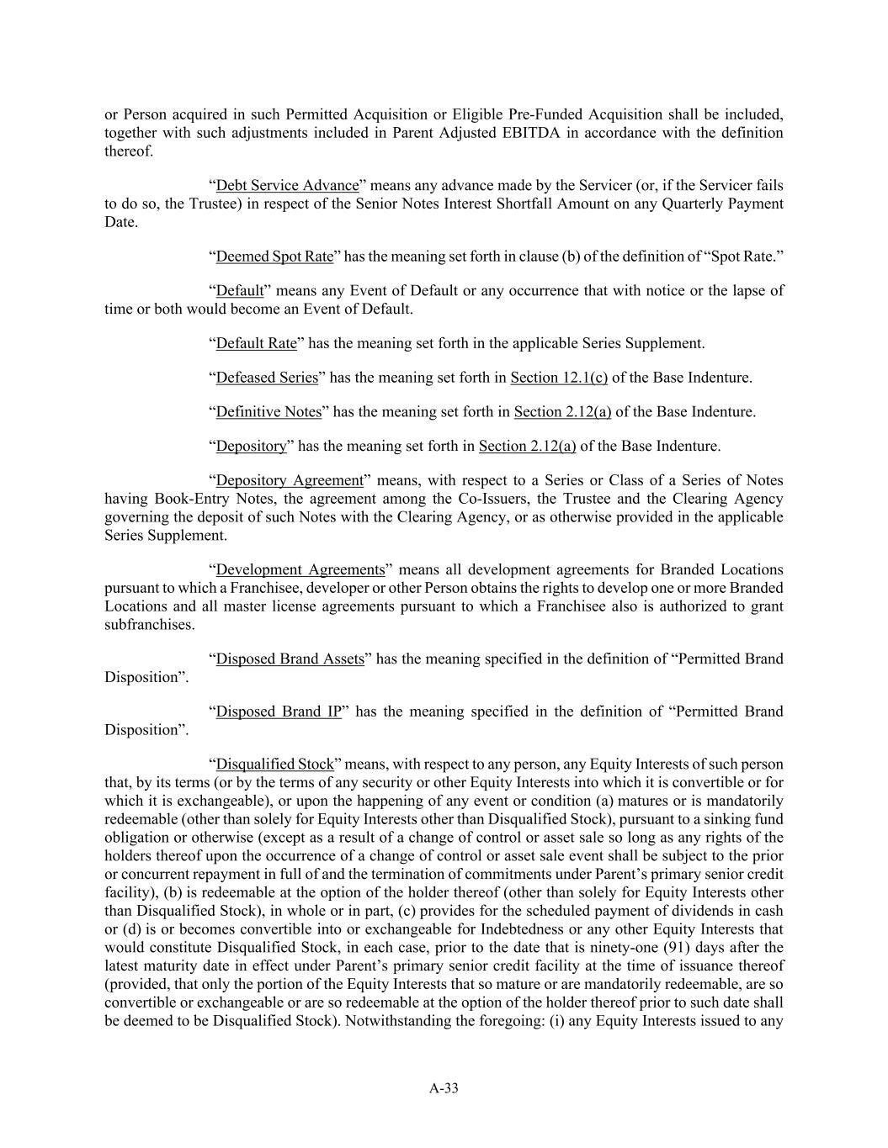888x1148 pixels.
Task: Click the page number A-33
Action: coord(444,1088)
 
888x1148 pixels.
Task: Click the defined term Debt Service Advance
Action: coord(287,185)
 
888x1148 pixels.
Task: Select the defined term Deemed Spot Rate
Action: coord(274,256)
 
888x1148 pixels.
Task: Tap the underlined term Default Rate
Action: coord(257,343)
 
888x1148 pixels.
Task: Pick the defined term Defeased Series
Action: coord(267,378)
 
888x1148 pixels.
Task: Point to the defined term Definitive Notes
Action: coord(269,412)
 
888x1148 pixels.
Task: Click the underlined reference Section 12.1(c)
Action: coord(559,378)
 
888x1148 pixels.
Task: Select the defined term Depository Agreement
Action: coord(290,480)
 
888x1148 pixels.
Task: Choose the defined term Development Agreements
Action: coord(300,569)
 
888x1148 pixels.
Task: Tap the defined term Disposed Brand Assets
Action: coord(290,659)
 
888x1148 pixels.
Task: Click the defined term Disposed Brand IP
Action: coord(279,712)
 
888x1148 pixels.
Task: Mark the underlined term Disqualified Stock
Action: coord(275,764)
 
